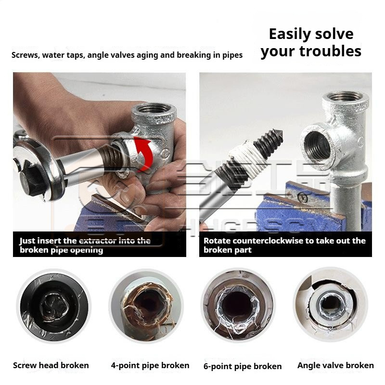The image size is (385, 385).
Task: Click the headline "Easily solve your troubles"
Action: [311, 43]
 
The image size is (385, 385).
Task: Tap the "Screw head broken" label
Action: [51, 365]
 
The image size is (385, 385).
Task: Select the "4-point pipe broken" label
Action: [150, 365]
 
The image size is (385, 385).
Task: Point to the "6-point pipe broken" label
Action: [243, 366]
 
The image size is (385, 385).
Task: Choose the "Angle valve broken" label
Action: [335, 365]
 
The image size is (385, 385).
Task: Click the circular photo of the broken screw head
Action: [54, 307]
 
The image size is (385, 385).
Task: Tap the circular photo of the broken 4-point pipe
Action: [146, 307]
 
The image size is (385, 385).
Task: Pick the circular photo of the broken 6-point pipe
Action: [238, 306]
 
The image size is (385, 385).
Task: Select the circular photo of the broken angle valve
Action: [331, 305]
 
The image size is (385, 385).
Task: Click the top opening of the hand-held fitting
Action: [154, 108]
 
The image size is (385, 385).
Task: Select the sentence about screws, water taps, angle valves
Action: [127, 55]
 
